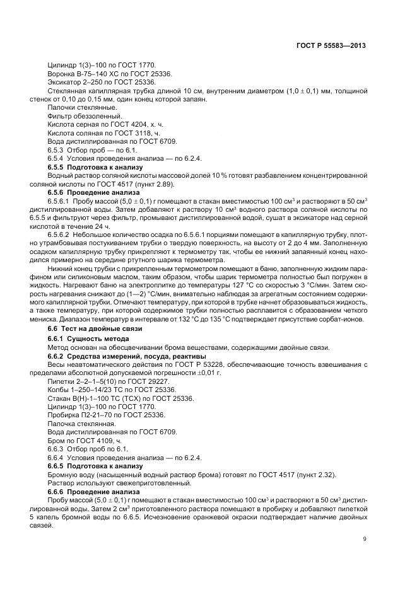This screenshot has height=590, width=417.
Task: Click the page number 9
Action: [365, 538]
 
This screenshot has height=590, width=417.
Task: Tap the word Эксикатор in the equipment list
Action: [63, 82]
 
